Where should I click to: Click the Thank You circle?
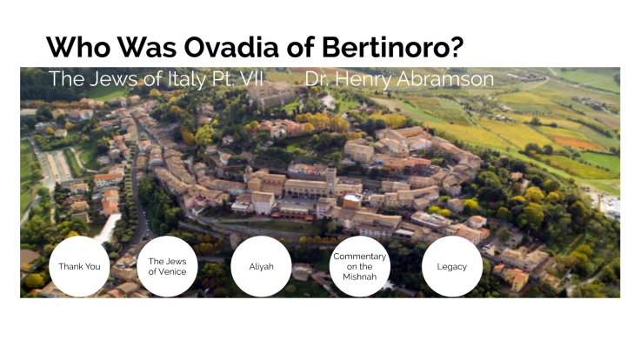pyautogui.click(x=78, y=266)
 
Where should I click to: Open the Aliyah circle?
pyautogui.click(x=261, y=266)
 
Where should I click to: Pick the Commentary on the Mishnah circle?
pyautogui.click(x=359, y=266)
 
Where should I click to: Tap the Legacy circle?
pyautogui.click(x=452, y=266)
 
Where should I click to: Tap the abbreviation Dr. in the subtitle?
pyautogui.click(x=318, y=79)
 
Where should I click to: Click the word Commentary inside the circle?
pyautogui.click(x=359, y=256)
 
